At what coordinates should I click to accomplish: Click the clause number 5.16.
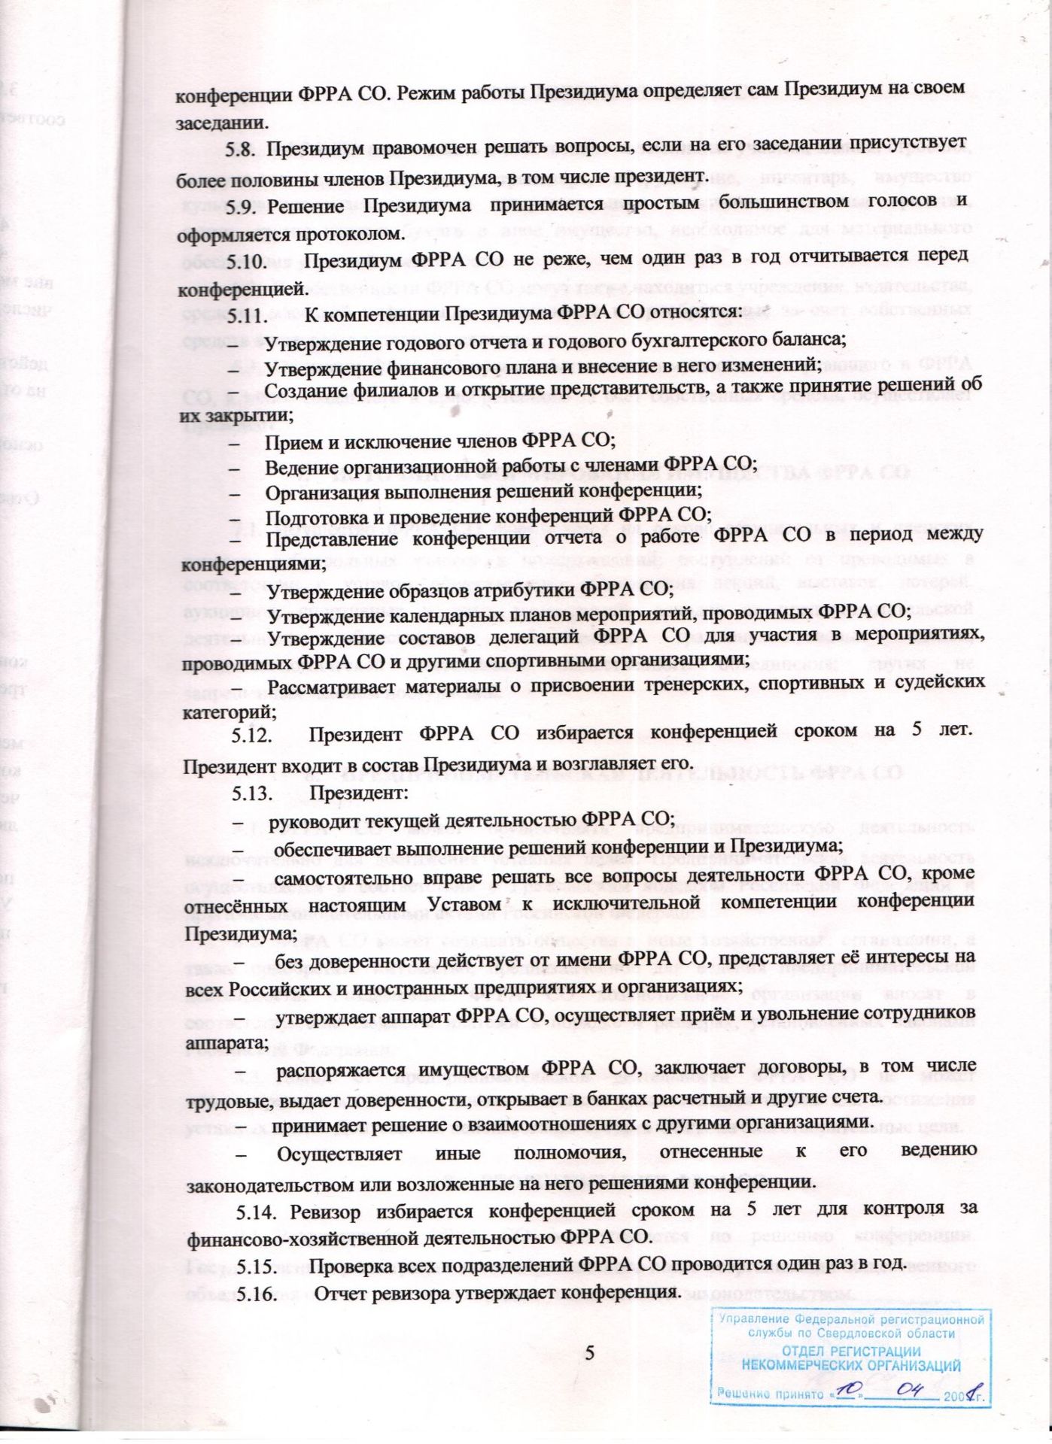coord(258,1294)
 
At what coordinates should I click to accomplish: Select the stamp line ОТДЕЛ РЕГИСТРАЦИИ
coord(851,1351)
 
